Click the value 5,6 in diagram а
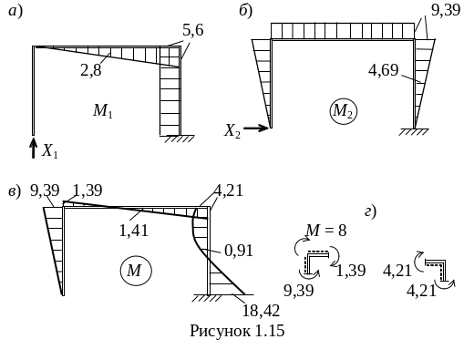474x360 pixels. pos(193,30)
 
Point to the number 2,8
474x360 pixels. pos(91,70)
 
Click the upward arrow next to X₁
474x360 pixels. pos(33,148)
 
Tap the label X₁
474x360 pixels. pos(50,151)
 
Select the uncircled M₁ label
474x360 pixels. pos(103,110)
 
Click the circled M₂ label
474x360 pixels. pos(343,111)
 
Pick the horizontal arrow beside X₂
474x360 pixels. pos(256,129)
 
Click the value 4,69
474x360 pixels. pos(383,70)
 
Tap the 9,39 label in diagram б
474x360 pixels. pos(446,10)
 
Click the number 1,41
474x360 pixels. pos(134,231)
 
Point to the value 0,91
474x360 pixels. pos(239,251)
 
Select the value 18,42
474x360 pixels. pos(261,311)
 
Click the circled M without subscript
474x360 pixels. pos(136,270)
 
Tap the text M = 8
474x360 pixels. pos(326,230)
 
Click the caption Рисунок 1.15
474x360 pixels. pos(237,331)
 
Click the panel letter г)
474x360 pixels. pos(371,211)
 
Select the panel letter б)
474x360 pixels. pos(246,11)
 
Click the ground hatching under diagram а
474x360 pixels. pos(179,139)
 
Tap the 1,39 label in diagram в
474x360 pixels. pos(88,190)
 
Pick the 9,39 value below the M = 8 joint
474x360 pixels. pos(299,290)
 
